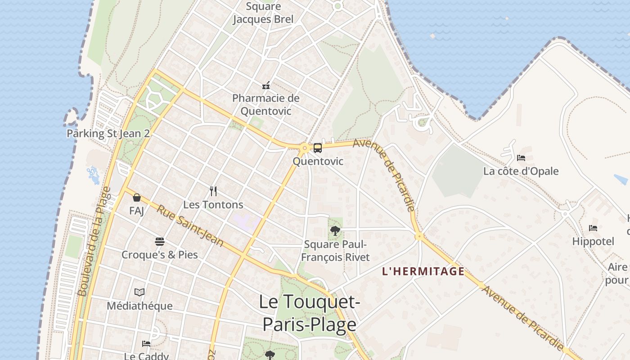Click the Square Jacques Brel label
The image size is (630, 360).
point(263,13)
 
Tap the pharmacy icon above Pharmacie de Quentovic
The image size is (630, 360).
point(266,85)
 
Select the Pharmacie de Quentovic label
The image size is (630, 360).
point(265,104)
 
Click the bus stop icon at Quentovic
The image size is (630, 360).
point(318,148)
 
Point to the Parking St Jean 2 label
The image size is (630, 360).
point(108,134)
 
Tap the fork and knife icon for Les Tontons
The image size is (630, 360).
point(213,191)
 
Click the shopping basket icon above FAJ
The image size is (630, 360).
point(137,198)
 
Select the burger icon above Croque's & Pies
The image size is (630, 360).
point(159,242)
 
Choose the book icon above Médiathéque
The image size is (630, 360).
point(139,292)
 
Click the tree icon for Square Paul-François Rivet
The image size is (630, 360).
point(335,231)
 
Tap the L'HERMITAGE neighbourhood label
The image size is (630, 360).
point(423,271)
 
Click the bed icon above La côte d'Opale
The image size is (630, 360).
point(521,158)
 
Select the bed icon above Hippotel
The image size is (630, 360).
point(593,228)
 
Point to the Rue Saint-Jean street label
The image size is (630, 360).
point(190,225)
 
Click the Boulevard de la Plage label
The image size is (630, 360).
point(94,241)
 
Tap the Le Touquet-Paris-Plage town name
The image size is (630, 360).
point(310,313)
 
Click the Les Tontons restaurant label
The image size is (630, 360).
point(213,205)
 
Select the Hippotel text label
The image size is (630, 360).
point(593,242)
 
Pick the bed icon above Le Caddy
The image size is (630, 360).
point(146,344)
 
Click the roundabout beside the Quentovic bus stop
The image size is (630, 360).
point(305,147)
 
